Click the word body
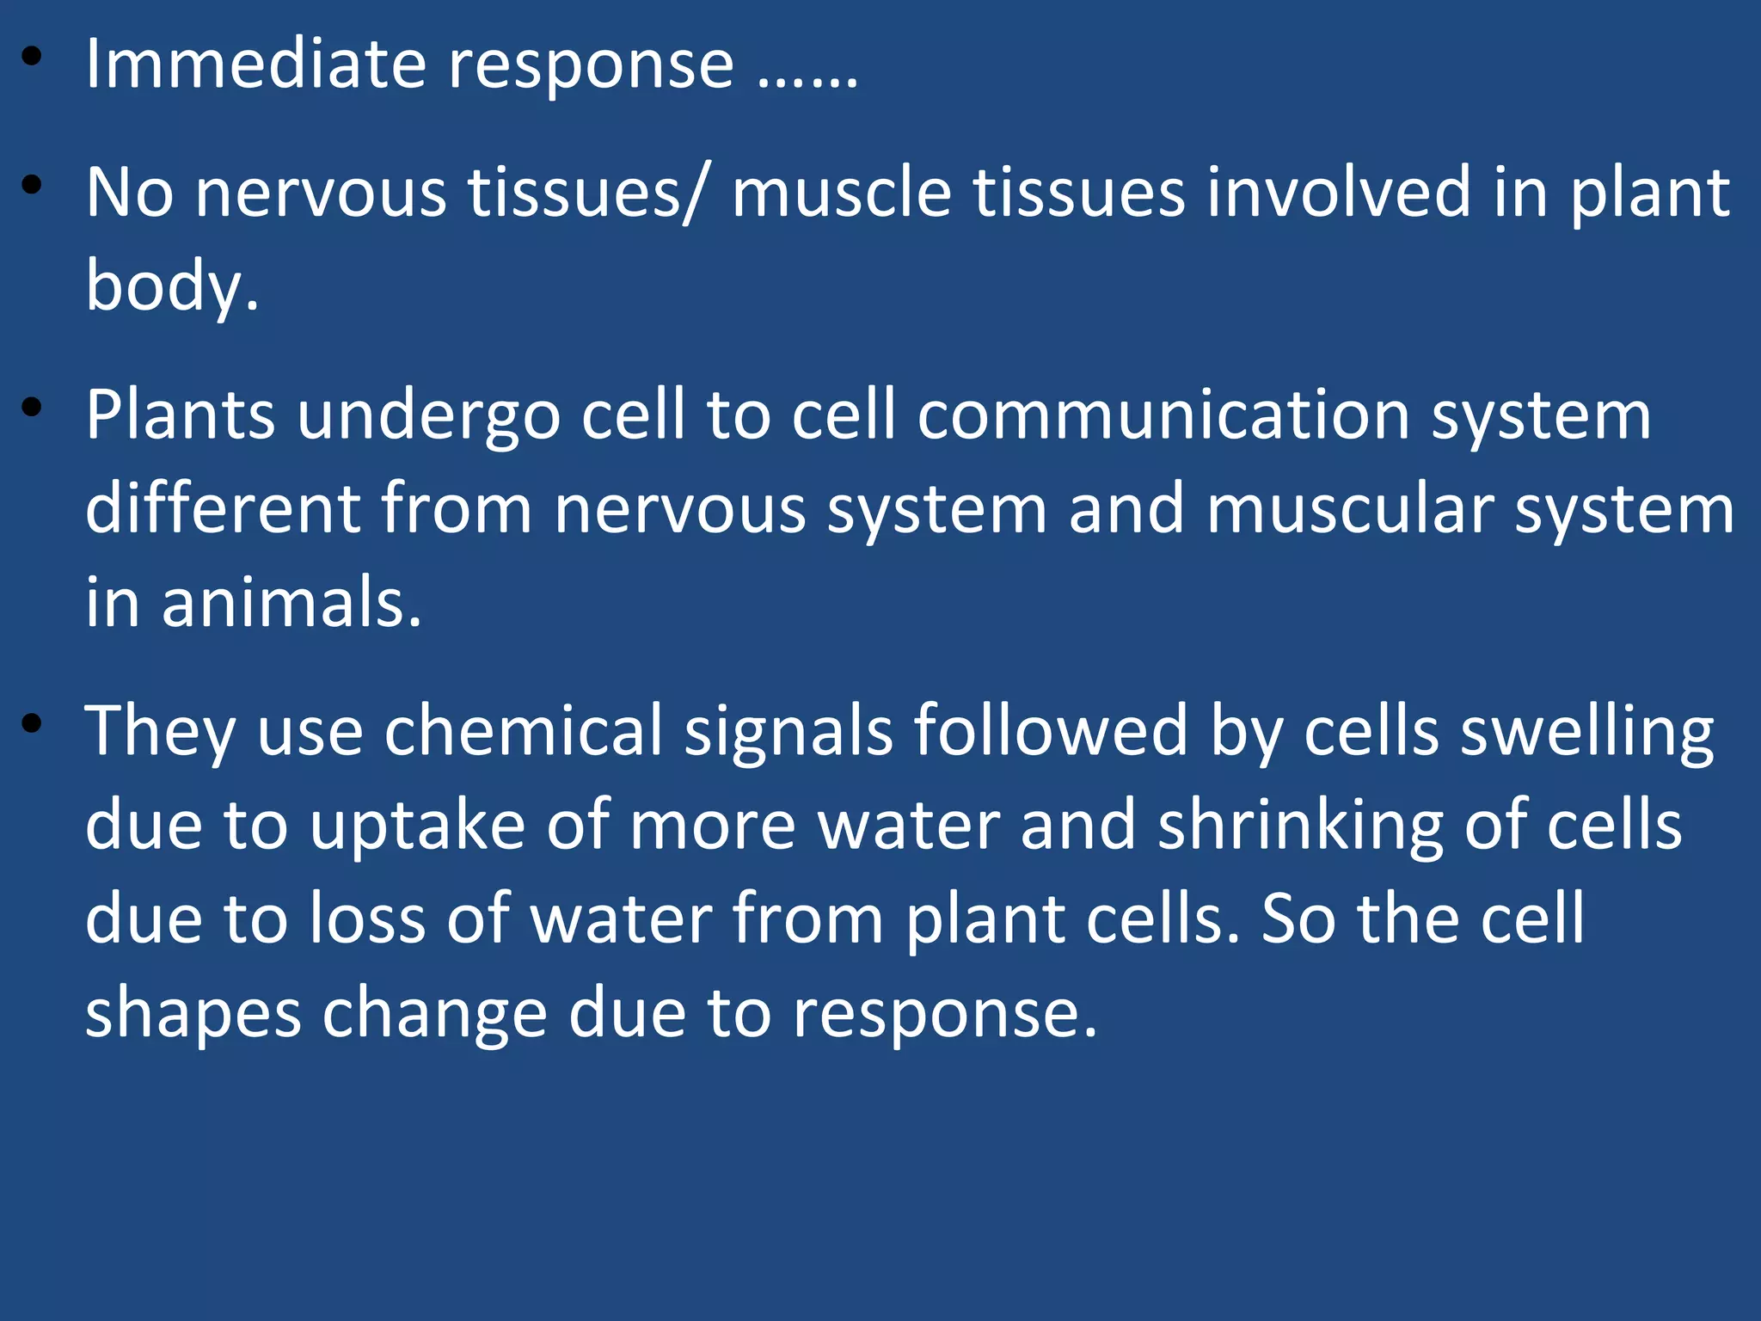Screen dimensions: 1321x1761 tap(171, 287)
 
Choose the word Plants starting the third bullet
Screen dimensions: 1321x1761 tap(180, 415)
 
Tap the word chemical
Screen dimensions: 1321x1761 tap(523, 732)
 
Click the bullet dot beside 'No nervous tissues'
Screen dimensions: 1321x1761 tap(33, 186)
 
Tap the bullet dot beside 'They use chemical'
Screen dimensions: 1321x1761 tap(33, 723)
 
